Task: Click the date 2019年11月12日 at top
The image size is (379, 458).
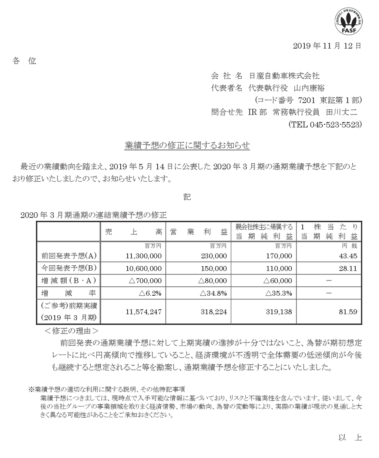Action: coord(327,46)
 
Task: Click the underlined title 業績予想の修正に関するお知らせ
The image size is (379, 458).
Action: coord(187,146)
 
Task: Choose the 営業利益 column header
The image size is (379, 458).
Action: coord(198,232)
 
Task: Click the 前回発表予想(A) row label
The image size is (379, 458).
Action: coord(69,256)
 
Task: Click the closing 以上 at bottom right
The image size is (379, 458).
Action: coord(350,438)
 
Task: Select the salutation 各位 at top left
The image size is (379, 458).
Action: coord(24,61)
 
